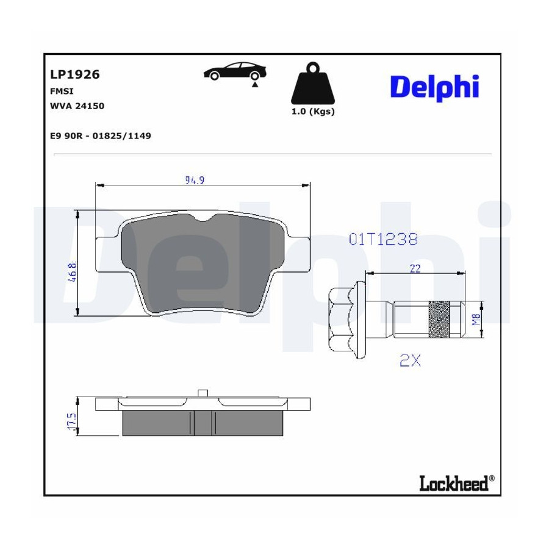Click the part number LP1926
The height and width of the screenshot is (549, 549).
pyautogui.click(x=75, y=74)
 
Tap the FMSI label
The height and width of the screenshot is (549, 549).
pyautogui.click(x=62, y=91)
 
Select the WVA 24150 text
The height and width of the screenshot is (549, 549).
pyautogui.click(x=77, y=106)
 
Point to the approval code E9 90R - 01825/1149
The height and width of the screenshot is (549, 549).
pyautogui.click(x=101, y=135)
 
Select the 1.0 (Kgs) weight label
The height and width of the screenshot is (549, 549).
pyautogui.click(x=313, y=112)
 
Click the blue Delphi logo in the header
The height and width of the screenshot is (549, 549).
pyautogui.click(x=434, y=87)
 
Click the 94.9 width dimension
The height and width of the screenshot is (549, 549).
pyautogui.click(x=195, y=180)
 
